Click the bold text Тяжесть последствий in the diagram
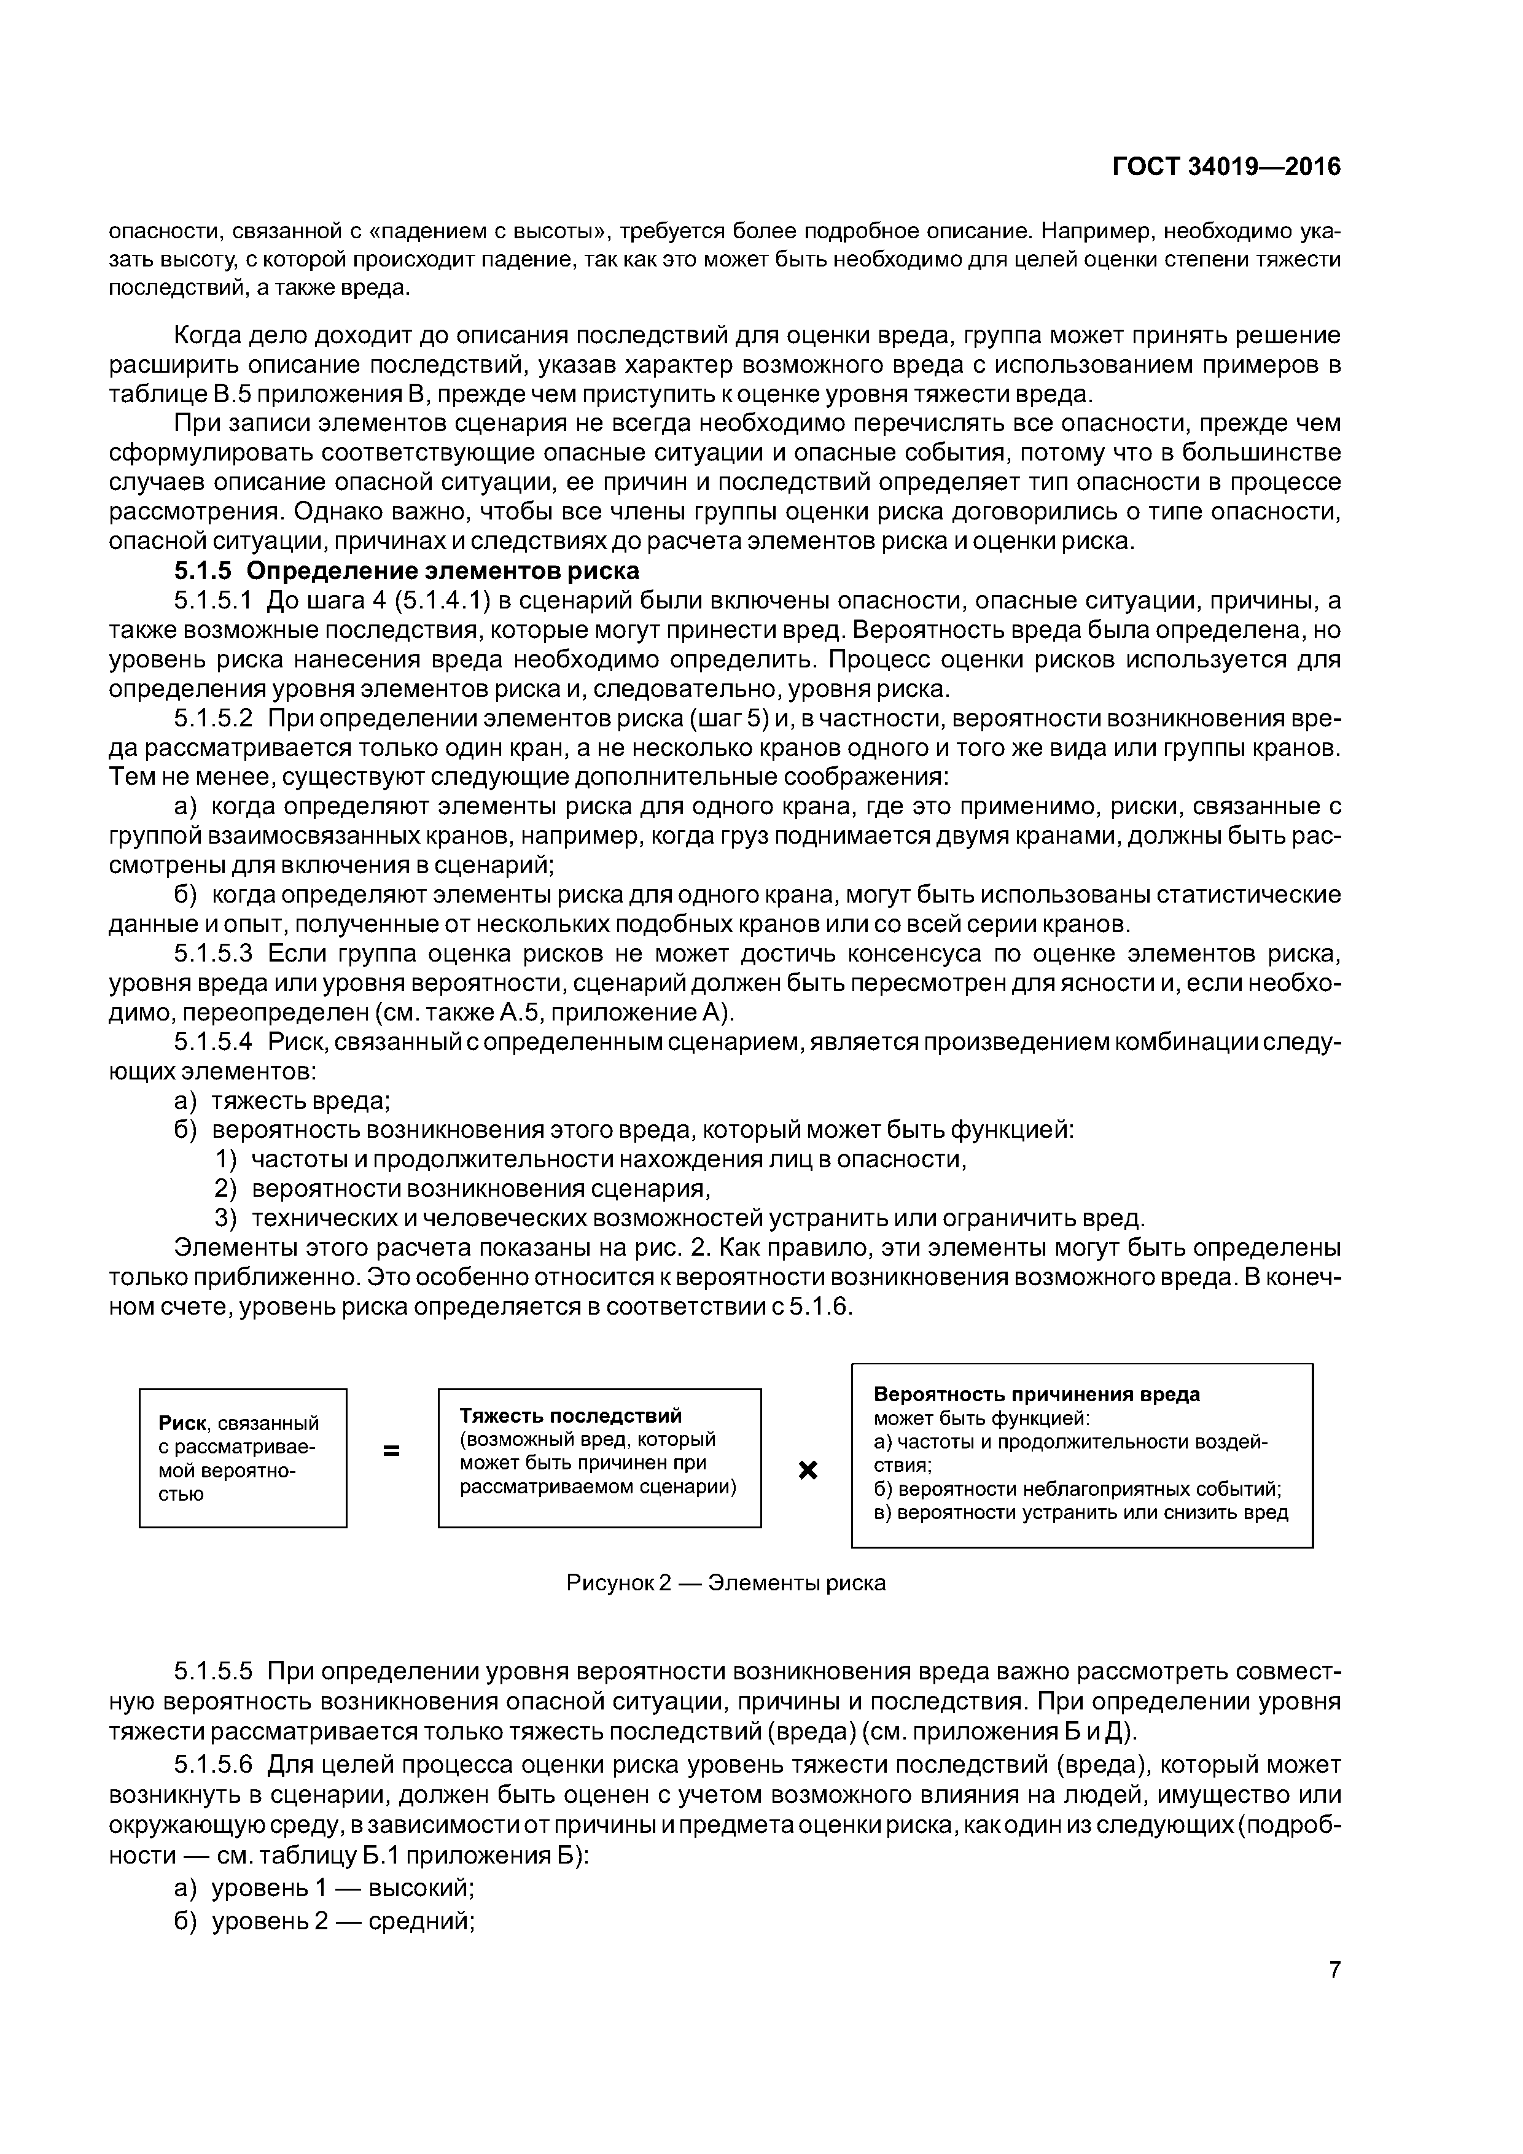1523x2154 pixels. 571,1415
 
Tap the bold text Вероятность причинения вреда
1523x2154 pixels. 1036,1394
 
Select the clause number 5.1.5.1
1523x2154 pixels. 214,601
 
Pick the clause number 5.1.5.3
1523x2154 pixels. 214,954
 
